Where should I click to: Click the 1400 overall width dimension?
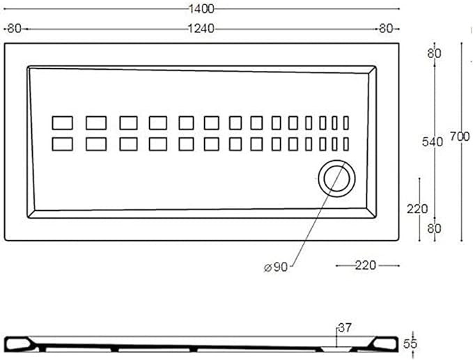coord(201,9)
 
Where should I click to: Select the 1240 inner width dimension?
coord(201,29)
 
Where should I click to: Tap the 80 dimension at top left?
coord(14,29)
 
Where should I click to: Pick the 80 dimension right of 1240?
coord(386,29)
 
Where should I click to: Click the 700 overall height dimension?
coord(460,136)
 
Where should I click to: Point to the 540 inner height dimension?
coord(433,142)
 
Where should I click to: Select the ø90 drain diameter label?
coord(276,267)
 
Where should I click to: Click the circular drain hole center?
coord(336,178)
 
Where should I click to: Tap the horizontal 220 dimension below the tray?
coord(366,265)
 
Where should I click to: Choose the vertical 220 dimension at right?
coord(417,209)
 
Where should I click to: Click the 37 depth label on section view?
coord(345,328)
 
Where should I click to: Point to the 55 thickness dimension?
coord(410,344)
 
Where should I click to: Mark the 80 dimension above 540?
coord(435,54)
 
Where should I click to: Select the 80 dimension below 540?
coord(435,229)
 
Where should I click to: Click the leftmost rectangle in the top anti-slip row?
coord(62,123)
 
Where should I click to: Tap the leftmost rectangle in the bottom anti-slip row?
coord(62,144)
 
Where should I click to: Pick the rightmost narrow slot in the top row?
coord(346,123)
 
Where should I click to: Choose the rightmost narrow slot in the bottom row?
coord(346,144)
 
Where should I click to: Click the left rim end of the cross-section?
coord(18,345)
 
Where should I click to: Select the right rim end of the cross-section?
coord(386,344)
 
